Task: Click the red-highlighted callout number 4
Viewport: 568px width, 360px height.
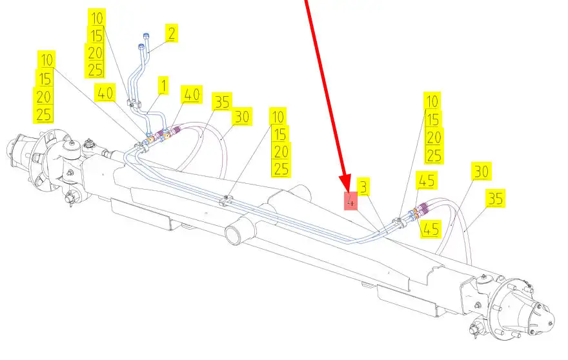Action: (x=350, y=201)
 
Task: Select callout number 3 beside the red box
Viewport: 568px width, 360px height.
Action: (x=363, y=186)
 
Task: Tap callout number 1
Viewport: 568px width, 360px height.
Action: (x=163, y=85)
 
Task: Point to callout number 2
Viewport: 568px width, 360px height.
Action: (x=172, y=33)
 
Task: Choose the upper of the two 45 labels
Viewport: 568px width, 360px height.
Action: (x=427, y=180)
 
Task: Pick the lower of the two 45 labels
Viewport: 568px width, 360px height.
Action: (x=431, y=229)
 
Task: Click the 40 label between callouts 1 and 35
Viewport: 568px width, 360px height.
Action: (x=192, y=95)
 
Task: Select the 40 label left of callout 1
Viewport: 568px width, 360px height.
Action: (x=105, y=93)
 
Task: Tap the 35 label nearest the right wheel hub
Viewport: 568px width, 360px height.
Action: (x=495, y=198)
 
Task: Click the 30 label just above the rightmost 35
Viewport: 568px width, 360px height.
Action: (x=482, y=172)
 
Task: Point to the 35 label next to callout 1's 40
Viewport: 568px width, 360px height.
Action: (x=222, y=102)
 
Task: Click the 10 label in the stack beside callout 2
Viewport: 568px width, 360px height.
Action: (x=97, y=18)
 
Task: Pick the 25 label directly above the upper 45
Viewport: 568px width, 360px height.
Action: (x=434, y=155)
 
